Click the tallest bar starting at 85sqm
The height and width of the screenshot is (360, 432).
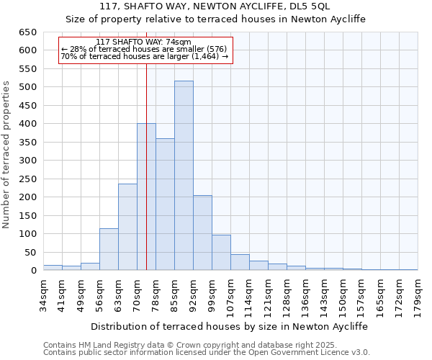tap(184, 176)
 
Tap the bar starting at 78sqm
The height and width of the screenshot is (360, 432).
tap(165, 204)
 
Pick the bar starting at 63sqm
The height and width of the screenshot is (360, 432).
tap(127, 227)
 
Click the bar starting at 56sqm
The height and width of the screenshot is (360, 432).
tap(109, 249)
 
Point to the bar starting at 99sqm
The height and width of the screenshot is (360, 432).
tap(221, 253)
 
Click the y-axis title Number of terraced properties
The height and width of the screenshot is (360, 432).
tap(6, 155)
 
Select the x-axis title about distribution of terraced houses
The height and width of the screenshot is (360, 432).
tap(229, 326)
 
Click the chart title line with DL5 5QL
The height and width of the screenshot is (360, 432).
tap(216, 6)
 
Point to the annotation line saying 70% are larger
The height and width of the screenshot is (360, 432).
tap(145, 56)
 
